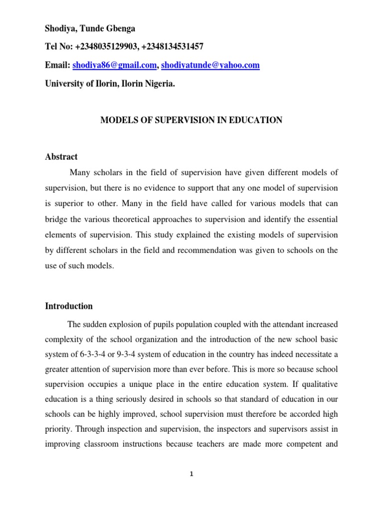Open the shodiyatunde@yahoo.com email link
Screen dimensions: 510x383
(210, 65)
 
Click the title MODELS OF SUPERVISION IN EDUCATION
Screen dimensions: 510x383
(191, 120)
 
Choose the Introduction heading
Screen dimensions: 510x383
(68, 306)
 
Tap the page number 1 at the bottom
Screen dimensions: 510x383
(191, 474)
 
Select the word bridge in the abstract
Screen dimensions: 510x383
(56, 219)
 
